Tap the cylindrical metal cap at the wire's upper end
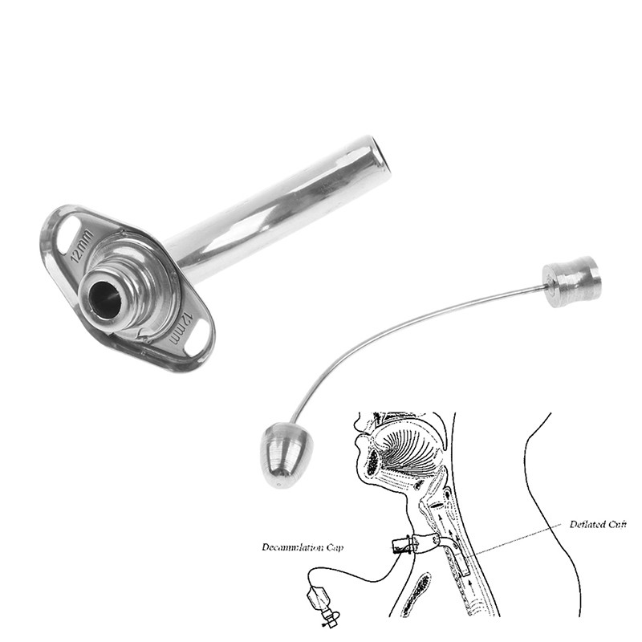click(571, 280)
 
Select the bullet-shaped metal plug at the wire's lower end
click(282, 457)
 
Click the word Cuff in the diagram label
click(618, 524)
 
